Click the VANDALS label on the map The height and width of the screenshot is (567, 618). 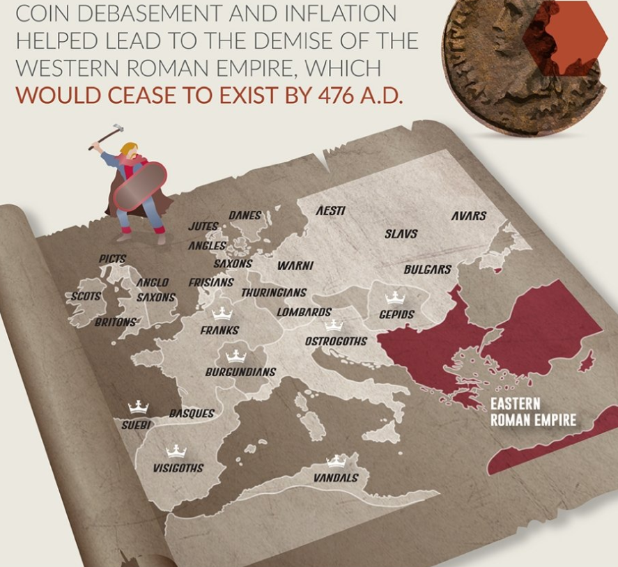(336, 478)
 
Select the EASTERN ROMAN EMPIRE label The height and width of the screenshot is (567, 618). (533, 412)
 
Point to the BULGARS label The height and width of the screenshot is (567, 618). (427, 270)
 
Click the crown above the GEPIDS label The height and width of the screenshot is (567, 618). (395, 297)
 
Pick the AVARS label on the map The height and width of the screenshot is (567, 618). (468, 216)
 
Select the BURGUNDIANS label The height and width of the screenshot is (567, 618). (240, 372)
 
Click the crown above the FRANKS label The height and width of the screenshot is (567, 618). (222, 312)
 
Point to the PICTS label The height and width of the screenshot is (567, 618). (112, 258)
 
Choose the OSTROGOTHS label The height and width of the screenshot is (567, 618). (336, 341)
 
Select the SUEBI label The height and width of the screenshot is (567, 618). (136, 423)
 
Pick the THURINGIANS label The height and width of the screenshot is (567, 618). (274, 293)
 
